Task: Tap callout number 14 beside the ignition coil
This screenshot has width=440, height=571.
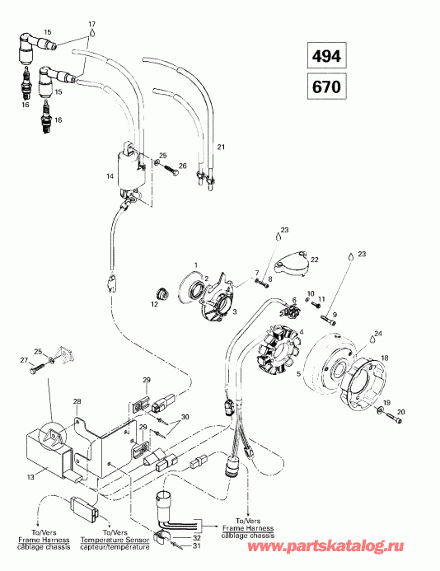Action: point(110,176)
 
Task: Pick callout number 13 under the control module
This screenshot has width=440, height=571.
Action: point(31,476)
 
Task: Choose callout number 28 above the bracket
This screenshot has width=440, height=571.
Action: point(77,401)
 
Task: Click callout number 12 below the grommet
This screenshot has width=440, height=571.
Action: point(153,304)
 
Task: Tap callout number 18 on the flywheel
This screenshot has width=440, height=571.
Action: point(385,358)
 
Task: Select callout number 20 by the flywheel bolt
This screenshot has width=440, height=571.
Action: point(402,412)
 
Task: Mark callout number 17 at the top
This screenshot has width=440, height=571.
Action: point(91,23)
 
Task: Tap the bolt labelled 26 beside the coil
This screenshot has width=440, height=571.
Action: point(172,171)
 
